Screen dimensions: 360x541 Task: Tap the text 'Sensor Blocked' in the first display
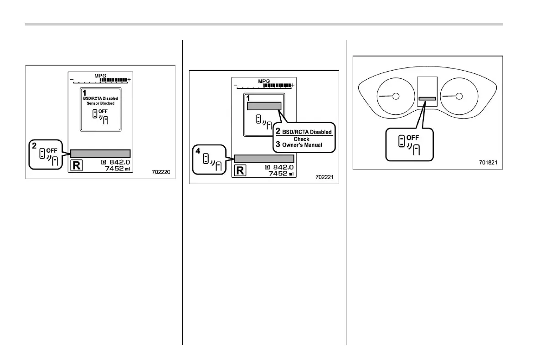click(101, 103)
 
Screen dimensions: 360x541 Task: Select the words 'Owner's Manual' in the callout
click(304, 145)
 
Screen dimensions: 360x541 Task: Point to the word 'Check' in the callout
click(301, 139)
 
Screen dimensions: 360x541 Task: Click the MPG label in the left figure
click(100, 75)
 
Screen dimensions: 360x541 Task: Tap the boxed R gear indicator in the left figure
click(77, 165)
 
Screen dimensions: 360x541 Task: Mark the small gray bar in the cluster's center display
click(427, 98)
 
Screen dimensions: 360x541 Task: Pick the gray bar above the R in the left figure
click(101, 153)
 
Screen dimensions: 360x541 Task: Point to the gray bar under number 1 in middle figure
click(264, 106)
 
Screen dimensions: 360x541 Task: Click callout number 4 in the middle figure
click(198, 149)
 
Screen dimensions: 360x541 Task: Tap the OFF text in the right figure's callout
click(412, 137)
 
